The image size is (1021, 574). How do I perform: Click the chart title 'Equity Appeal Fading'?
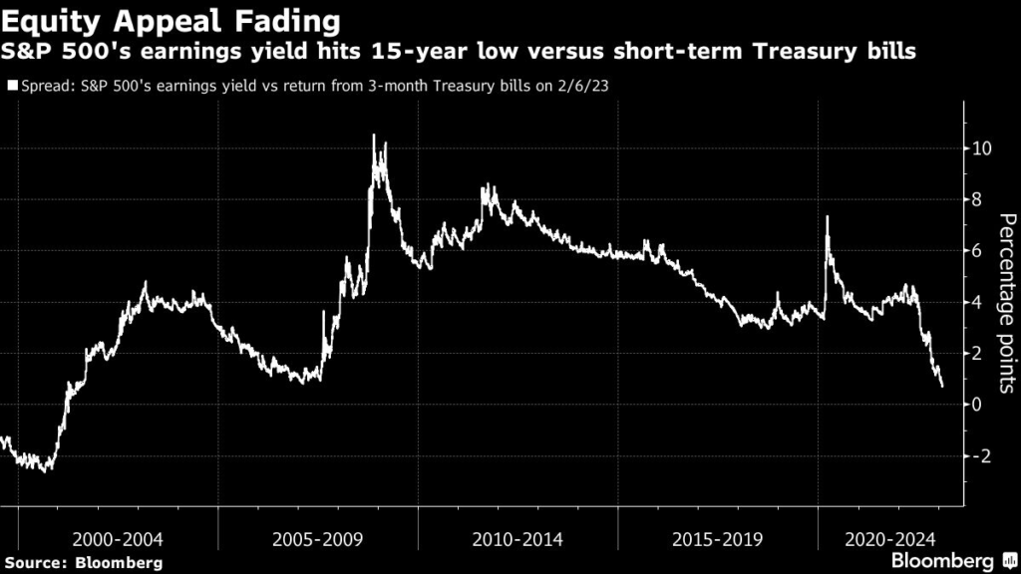pyautogui.click(x=170, y=20)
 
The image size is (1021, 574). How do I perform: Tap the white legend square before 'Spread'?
pyautogui.click(x=12, y=87)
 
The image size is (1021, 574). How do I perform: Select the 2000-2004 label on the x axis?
pyautogui.click(x=119, y=539)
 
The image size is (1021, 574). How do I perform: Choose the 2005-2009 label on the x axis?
pyautogui.click(x=318, y=539)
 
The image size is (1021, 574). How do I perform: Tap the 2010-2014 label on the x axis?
pyautogui.click(x=517, y=539)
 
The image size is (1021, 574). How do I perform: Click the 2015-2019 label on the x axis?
pyautogui.click(x=717, y=539)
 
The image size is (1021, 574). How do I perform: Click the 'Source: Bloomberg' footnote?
pyautogui.click(x=83, y=563)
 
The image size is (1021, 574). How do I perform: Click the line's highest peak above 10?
pyautogui.click(x=374, y=136)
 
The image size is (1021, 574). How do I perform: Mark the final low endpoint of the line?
pyautogui.click(x=942, y=387)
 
